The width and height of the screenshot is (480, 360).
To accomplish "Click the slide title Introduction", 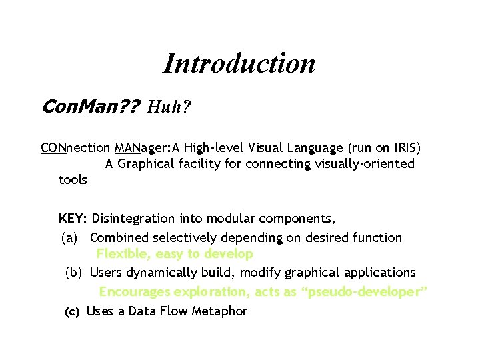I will [x=239, y=63].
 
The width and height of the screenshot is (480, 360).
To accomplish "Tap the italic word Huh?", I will [x=169, y=106].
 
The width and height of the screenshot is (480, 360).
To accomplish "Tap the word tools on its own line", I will [x=73, y=179].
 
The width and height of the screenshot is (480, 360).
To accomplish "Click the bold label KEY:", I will [x=73, y=218].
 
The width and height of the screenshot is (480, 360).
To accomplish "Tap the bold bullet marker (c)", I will [x=71, y=311].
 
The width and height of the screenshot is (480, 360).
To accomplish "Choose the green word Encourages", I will [x=134, y=292].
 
